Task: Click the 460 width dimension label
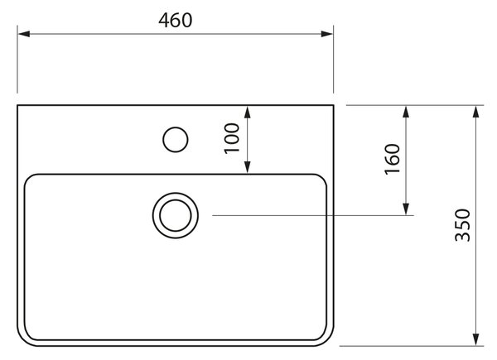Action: [176, 20]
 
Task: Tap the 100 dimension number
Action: [232, 138]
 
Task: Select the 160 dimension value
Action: [392, 159]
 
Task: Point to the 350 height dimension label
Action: [462, 225]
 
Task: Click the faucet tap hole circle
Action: [176, 127]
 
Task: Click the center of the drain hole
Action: [176, 215]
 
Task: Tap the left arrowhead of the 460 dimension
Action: [24, 34]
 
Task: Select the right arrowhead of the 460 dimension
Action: [327, 34]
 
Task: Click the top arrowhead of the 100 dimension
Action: [248, 112]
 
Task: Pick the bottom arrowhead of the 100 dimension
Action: [248, 167]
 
